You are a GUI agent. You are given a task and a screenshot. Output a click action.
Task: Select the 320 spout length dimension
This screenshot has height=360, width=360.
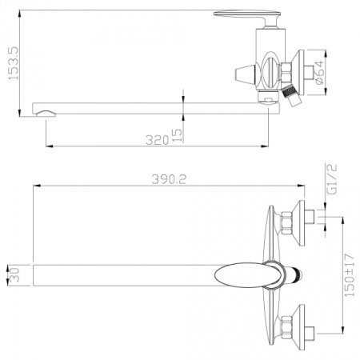(157, 140)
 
